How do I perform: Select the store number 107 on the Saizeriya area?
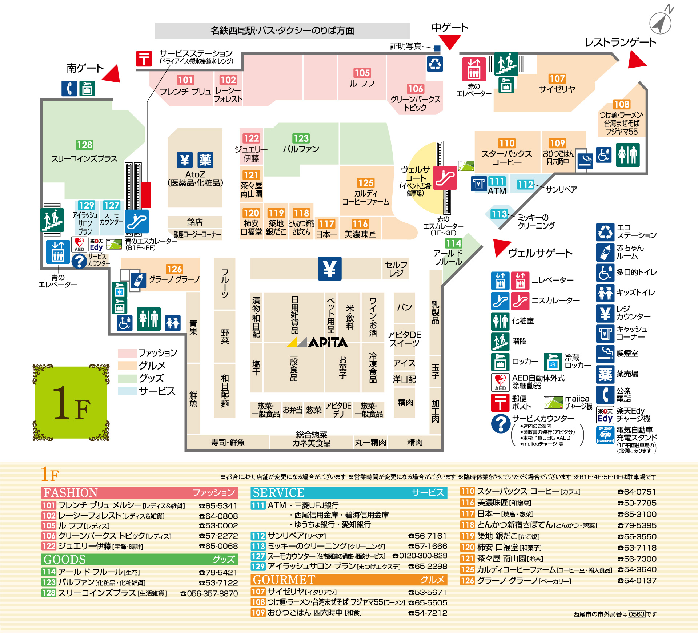click(x=557, y=78)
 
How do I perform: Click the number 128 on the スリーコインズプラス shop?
click(x=85, y=145)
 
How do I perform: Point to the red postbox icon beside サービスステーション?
click(x=144, y=59)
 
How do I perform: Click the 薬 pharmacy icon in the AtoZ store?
click(x=205, y=160)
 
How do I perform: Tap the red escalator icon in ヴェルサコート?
click(x=445, y=178)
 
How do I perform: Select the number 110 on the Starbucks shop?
click(x=507, y=143)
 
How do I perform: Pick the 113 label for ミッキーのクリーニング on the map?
click(x=499, y=214)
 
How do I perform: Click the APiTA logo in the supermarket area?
click(x=317, y=342)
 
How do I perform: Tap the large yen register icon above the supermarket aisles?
click(x=330, y=269)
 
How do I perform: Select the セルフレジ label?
click(x=396, y=269)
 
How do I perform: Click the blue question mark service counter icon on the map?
click(x=79, y=261)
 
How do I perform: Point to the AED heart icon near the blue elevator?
click(x=79, y=244)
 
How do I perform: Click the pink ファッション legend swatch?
click(x=127, y=353)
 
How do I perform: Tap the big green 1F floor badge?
click(x=71, y=403)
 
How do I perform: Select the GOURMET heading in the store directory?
click(x=284, y=580)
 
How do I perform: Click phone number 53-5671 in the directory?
click(x=428, y=592)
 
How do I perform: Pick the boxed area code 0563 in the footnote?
click(x=637, y=614)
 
